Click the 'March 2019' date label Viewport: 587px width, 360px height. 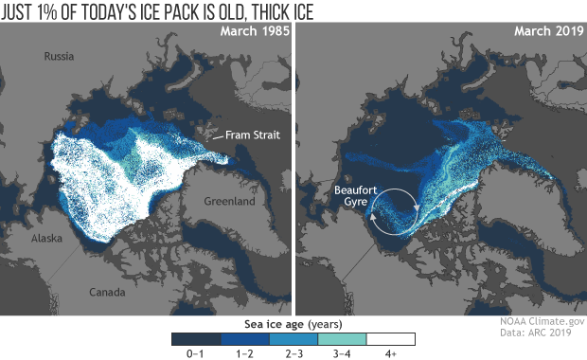pyautogui.click(x=544, y=34)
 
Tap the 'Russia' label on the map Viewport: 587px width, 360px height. pyautogui.click(x=59, y=58)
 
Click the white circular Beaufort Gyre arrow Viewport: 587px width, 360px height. pyautogui.click(x=394, y=209)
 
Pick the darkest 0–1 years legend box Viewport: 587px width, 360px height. pyautogui.click(x=195, y=337)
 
